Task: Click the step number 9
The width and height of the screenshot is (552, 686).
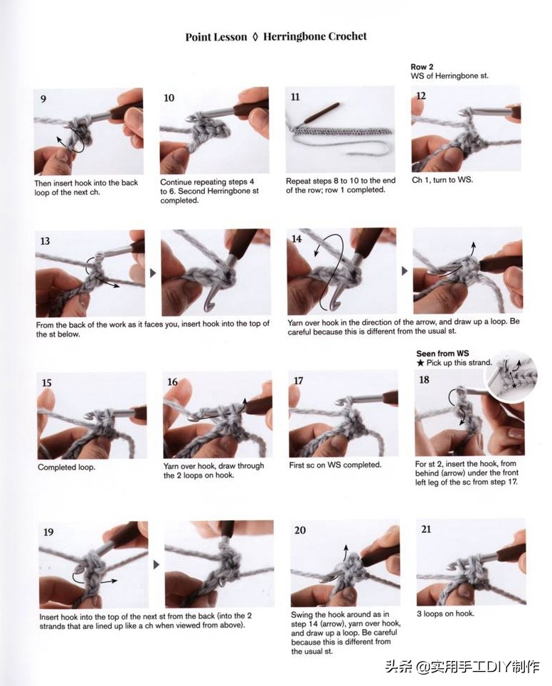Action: [43, 99]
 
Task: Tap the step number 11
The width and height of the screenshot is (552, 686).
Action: [295, 97]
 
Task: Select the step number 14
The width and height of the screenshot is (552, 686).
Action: [297, 239]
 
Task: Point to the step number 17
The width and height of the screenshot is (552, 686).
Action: [298, 381]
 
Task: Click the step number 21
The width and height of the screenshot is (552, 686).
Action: [426, 529]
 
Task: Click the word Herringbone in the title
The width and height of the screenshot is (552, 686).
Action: [294, 37]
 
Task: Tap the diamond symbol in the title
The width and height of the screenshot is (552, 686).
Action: [255, 37]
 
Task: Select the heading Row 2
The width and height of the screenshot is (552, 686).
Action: [422, 67]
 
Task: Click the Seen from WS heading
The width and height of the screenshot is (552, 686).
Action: [442, 354]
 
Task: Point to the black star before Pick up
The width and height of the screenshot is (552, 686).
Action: [420, 363]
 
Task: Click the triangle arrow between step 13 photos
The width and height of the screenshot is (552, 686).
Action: [153, 273]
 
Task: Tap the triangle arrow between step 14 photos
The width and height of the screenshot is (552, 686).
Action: [405, 271]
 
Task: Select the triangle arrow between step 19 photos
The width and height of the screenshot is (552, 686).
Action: [156, 565]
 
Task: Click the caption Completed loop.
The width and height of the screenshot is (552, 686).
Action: [66, 468]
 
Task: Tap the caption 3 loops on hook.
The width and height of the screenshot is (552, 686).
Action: [445, 613]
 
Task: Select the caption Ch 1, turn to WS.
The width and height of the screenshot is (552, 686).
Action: [442, 180]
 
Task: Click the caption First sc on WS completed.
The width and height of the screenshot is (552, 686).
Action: [335, 465]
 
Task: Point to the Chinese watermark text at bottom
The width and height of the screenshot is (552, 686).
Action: [463, 667]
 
